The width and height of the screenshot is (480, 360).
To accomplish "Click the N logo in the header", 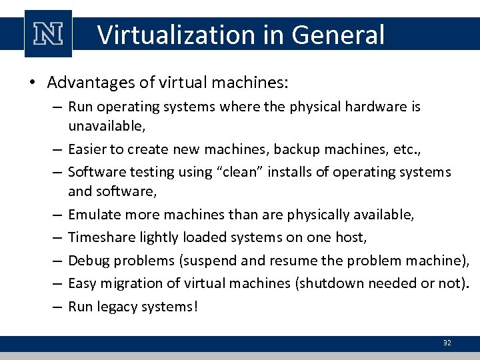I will pos(47,34).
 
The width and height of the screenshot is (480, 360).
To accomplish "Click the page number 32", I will pos(447,343).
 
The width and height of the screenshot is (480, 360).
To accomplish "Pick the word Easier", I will pos(87,149).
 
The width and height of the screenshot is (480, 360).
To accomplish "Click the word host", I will pos(351,237).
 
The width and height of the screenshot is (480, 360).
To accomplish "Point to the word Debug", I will pos(87,261).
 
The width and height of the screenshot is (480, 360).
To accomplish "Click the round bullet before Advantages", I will pos(32,83).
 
